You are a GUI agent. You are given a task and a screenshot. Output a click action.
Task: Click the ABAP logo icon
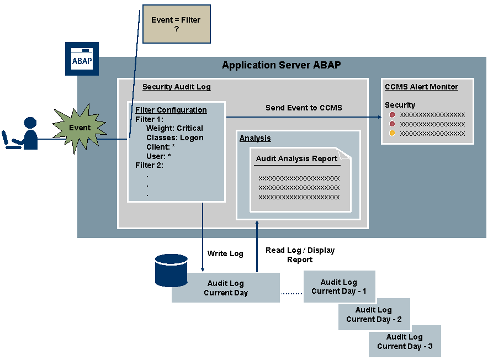82,59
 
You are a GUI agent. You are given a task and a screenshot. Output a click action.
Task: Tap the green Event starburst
79,128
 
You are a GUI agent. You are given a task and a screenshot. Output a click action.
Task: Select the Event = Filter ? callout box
176,24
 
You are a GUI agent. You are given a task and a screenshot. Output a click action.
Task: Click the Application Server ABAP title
281,65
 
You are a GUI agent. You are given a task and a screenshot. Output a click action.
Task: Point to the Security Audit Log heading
176,87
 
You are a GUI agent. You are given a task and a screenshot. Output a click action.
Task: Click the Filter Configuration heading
171,110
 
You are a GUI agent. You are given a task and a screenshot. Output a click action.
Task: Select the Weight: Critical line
174,128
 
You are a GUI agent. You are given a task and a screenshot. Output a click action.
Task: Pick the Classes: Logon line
174,137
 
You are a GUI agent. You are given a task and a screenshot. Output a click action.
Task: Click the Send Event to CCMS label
304,108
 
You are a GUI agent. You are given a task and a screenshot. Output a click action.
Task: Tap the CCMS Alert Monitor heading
421,87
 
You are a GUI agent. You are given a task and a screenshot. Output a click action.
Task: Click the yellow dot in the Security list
392,134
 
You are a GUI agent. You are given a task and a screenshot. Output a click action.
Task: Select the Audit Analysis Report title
296,158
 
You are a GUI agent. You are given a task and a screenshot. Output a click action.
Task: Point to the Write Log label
225,253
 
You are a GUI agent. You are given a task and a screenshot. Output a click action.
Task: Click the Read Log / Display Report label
300,255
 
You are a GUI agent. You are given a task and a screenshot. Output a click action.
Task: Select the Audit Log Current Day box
226,288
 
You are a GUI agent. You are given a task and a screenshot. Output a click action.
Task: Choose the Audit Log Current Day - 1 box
339,287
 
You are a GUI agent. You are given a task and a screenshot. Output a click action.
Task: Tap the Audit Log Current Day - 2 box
374,314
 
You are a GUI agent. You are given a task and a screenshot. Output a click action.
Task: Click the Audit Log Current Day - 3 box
405,341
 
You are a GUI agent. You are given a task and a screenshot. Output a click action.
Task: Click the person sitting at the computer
22,134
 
